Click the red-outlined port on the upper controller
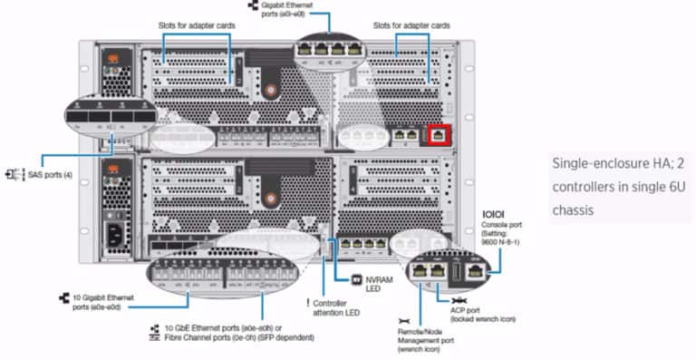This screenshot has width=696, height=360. [x=439, y=135]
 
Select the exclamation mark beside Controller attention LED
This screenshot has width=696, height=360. [x=308, y=301]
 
